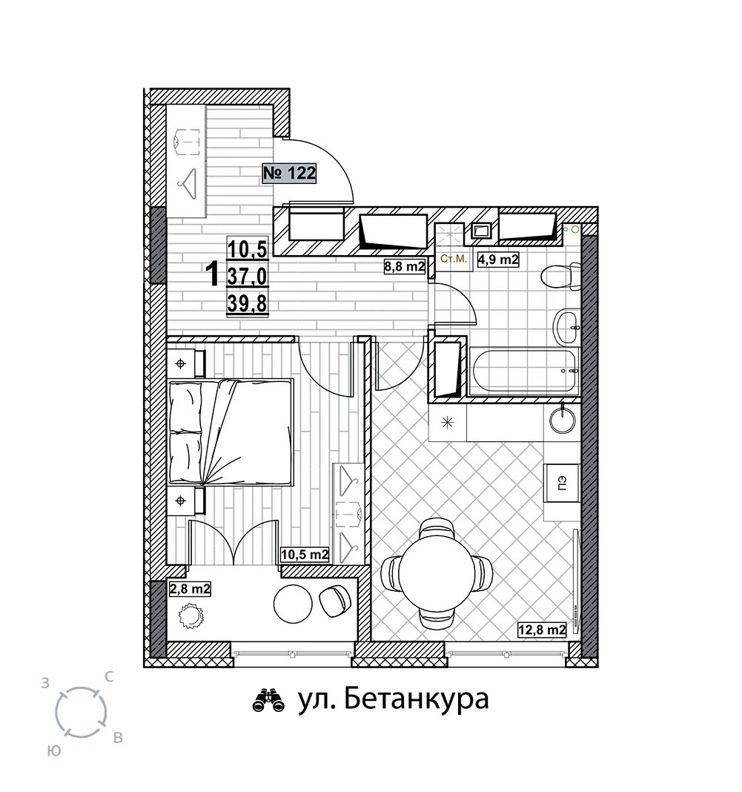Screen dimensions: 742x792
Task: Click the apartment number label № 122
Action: point(289,174)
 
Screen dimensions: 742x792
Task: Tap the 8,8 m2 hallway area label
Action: point(405,266)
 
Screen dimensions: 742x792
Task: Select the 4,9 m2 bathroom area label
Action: point(498,260)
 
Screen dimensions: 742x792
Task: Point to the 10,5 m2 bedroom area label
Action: point(305,555)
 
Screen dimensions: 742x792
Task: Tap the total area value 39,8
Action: point(247,303)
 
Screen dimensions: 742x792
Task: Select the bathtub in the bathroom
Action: point(523,371)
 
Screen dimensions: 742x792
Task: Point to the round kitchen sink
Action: point(562,420)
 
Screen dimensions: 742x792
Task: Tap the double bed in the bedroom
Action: point(231,432)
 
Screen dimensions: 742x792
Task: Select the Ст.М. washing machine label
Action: point(454,259)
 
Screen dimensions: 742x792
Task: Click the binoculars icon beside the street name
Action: point(268,701)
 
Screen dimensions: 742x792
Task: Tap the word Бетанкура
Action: point(417,699)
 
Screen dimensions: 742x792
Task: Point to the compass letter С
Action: point(108,677)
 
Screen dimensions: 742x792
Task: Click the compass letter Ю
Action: point(54,751)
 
